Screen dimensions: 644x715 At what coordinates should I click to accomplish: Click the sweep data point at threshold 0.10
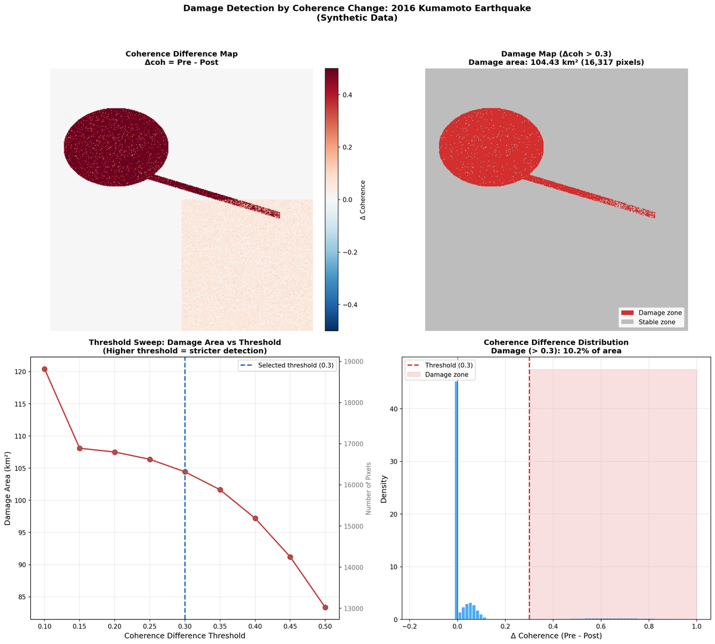coord(45,369)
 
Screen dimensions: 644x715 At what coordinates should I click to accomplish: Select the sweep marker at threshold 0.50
coord(325,608)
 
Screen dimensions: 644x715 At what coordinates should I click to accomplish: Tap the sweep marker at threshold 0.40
coord(255,518)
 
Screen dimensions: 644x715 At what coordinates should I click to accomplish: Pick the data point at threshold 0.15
coord(80,448)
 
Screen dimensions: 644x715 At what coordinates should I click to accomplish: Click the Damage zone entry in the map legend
coord(651,313)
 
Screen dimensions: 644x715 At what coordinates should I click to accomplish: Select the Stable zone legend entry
coord(651,322)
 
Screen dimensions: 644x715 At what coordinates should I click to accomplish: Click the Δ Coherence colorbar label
coord(363,200)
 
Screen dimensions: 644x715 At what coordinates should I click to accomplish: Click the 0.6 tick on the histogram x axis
coord(601,627)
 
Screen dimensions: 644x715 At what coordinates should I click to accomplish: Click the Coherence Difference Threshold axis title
coord(185,636)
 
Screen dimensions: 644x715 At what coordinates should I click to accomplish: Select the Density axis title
coord(384,488)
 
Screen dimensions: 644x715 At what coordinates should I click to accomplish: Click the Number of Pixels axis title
coord(369,489)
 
